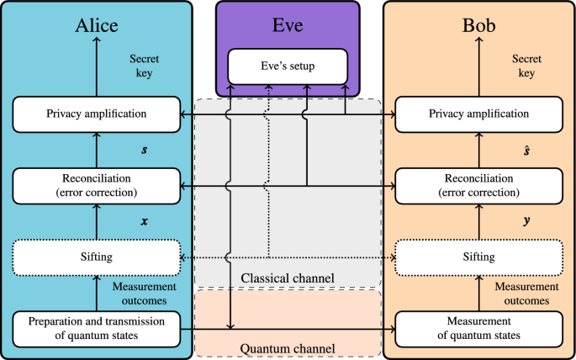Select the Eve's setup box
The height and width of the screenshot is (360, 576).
[x=287, y=66]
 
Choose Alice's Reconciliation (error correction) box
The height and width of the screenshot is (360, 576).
[x=96, y=186]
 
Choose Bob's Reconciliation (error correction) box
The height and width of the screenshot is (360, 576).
[x=478, y=186]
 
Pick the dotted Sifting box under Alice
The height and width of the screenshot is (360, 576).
[x=96, y=257]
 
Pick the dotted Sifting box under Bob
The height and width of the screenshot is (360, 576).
[x=478, y=257]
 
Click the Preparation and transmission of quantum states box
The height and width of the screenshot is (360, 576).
[x=96, y=328]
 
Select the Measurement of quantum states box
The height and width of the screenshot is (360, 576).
[x=478, y=328]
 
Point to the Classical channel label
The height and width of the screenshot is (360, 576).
[x=287, y=278]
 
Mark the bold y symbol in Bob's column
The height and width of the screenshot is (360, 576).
[x=526, y=222]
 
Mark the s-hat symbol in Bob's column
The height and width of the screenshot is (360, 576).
[x=526, y=150]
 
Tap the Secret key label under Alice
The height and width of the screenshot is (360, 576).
[x=145, y=66]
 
